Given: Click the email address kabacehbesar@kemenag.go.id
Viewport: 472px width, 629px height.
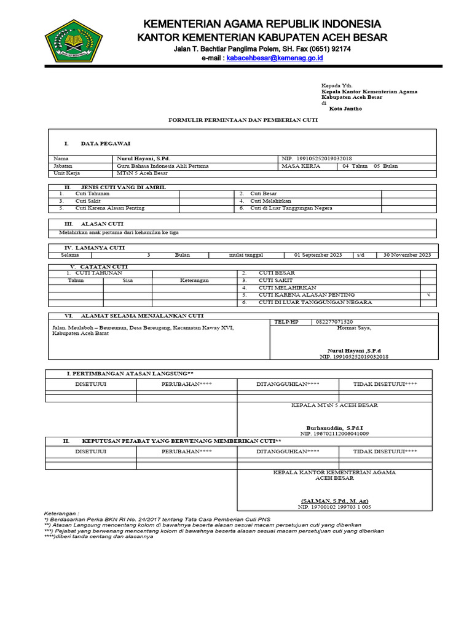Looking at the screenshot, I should pyautogui.click(x=275, y=58).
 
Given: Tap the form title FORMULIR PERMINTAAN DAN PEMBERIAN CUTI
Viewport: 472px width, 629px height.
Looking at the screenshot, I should pyautogui.click(x=243, y=120).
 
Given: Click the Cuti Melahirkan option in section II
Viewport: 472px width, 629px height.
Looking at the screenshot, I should pyautogui.click(x=270, y=201).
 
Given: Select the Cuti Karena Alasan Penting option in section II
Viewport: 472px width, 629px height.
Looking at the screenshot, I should pyautogui.click(x=110, y=208).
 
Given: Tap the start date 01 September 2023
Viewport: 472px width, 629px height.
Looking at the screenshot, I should pyautogui.click(x=318, y=255).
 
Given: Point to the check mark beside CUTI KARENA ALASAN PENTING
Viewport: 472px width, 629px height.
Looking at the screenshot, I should pyautogui.click(x=428, y=295).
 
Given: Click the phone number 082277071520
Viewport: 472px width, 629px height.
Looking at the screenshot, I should pyautogui.click(x=334, y=322).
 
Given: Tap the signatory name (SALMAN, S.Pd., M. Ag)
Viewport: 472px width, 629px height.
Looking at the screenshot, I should pyautogui.click(x=335, y=501).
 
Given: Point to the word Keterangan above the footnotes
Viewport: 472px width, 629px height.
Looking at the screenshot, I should pyautogui.click(x=61, y=513).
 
